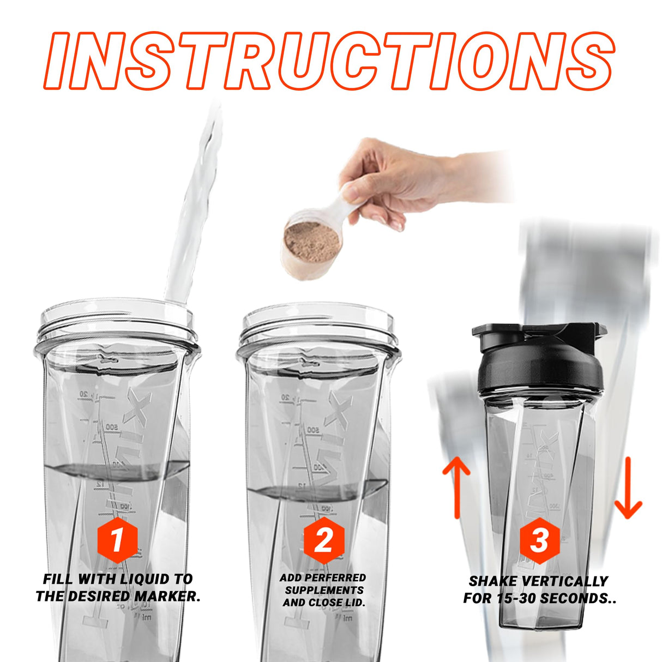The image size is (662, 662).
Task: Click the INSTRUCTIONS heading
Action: tap(330, 60)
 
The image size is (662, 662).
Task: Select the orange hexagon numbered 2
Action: tap(324, 540)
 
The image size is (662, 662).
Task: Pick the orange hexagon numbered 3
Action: tap(539, 540)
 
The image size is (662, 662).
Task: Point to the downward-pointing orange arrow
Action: tap(628, 488)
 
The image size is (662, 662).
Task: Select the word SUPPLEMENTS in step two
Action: tap(324, 590)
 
